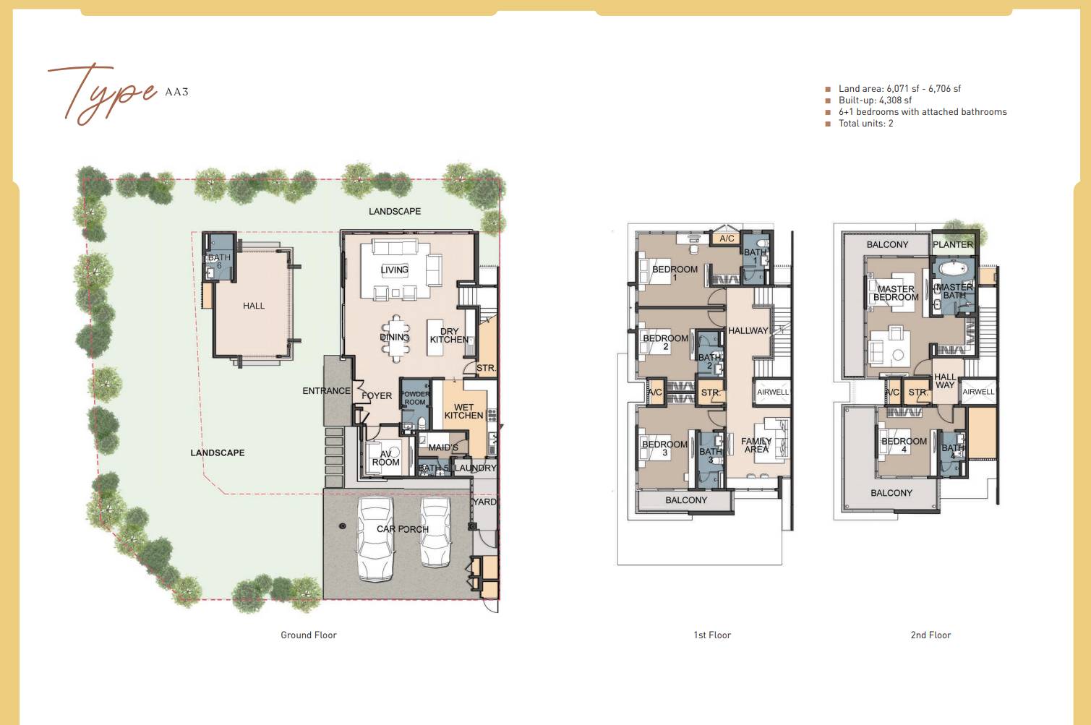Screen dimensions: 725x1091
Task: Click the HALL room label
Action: (x=254, y=306)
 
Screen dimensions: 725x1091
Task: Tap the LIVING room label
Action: (x=394, y=270)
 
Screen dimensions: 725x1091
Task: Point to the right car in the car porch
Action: (x=435, y=533)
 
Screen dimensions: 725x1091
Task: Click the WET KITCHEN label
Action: (x=463, y=411)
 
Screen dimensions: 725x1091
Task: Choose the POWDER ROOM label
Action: (x=415, y=398)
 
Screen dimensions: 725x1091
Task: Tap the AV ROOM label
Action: (x=385, y=458)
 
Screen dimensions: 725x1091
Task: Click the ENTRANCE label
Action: (x=326, y=391)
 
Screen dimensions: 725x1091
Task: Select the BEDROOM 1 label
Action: (x=675, y=273)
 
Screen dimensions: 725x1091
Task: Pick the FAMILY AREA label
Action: (x=756, y=445)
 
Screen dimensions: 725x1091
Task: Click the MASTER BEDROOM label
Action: (x=896, y=293)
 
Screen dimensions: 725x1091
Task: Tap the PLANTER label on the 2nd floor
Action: (x=953, y=244)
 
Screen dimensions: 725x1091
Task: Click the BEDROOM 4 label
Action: (x=904, y=445)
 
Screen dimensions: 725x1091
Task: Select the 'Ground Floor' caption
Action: (x=309, y=635)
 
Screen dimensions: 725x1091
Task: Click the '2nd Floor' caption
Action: (x=930, y=635)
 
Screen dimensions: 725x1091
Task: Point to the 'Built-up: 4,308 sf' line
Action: (x=875, y=100)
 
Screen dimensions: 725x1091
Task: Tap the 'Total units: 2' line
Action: (x=865, y=124)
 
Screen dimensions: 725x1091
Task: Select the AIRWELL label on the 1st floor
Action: (x=773, y=392)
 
